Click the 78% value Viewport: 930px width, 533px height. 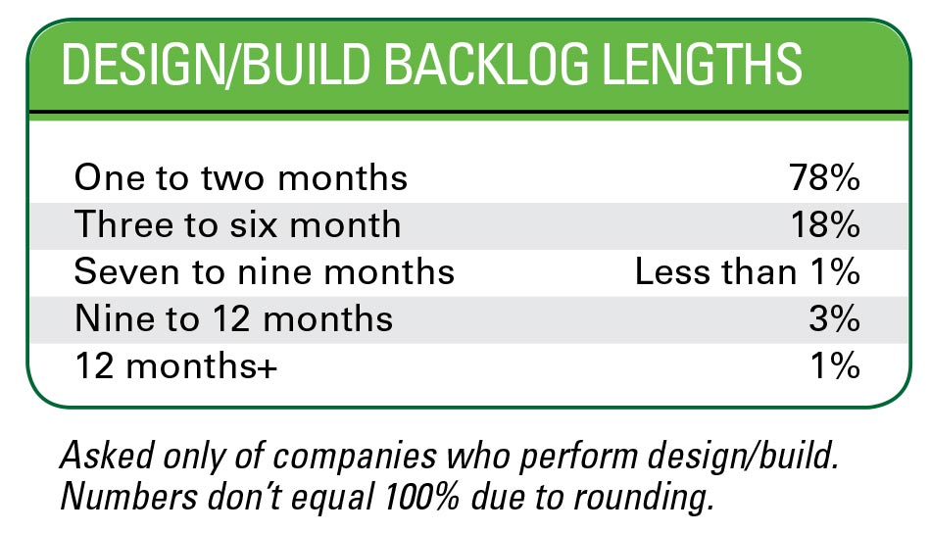pyautogui.click(x=824, y=177)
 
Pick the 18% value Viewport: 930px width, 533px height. pyautogui.click(x=825, y=224)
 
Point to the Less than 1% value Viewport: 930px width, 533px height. pyautogui.click(x=748, y=272)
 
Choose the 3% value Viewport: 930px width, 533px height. pyautogui.click(x=835, y=319)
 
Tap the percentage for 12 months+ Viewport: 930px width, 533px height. pyautogui.click(x=835, y=365)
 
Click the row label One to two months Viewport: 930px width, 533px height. pyautogui.click(x=241, y=177)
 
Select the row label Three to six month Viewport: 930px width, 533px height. pyautogui.click(x=238, y=224)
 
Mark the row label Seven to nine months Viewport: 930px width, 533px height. pyautogui.click(x=265, y=272)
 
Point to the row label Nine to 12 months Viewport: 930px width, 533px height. pyautogui.click(x=233, y=319)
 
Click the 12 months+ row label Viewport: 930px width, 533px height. pyautogui.click(x=176, y=365)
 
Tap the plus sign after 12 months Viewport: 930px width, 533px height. pyautogui.click(x=268, y=368)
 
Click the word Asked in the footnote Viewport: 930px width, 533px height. pyautogui.click(x=108, y=456)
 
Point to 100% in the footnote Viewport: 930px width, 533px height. pyautogui.click(x=421, y=497)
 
